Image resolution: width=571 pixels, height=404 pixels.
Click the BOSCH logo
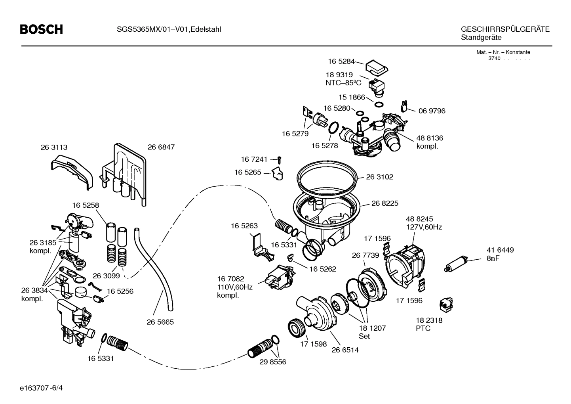point(41,29)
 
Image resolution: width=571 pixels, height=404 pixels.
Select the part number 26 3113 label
point(54,147)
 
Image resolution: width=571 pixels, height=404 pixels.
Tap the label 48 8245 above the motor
point(419,219)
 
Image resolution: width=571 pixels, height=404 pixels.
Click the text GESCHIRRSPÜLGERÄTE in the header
point(505,29)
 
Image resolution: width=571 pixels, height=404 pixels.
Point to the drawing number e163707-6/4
point(41,388)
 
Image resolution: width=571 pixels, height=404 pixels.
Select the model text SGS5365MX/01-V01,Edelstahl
point(169,29)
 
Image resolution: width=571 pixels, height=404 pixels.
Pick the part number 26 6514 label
point(345,350)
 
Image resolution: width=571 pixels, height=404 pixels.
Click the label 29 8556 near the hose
point(273,362)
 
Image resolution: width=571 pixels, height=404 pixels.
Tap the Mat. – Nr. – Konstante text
point(503,52)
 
